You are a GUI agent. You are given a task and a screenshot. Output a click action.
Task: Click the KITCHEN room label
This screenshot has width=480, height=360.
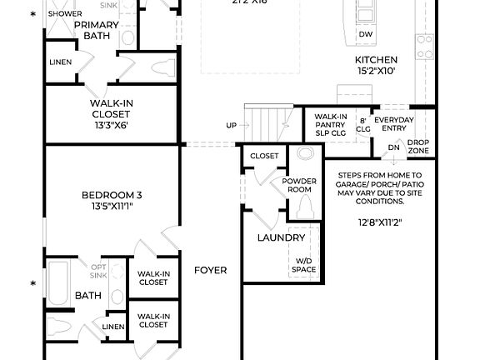point(376,60)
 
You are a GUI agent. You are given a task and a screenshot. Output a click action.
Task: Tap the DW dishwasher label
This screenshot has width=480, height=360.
point(365,34)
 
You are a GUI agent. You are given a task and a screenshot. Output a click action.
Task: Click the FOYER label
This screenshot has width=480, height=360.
point(210,271)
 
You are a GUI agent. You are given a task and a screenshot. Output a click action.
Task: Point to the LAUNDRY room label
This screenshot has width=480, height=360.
point(280,237)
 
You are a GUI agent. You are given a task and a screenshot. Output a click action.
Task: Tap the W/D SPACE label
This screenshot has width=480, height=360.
point(304,266)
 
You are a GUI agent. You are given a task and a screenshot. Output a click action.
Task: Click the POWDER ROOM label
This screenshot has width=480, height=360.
point(299,185)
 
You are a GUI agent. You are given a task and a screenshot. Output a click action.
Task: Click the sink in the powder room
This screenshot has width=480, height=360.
point(304,155)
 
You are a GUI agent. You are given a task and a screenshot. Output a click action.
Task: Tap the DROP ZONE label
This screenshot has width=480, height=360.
point(418,147)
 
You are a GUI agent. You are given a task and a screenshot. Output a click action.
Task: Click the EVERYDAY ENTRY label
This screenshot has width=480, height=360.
point(393,124)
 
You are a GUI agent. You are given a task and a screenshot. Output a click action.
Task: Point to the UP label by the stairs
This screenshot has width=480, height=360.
point(231,125)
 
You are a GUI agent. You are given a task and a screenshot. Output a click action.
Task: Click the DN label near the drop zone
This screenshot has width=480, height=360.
point(393,147)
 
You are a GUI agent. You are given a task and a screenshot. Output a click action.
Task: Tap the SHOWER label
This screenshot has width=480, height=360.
point(64,14)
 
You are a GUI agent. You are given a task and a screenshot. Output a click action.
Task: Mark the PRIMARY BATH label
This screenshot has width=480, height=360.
point(97,30)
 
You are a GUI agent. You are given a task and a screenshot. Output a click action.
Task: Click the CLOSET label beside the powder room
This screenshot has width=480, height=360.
point(264,156)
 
